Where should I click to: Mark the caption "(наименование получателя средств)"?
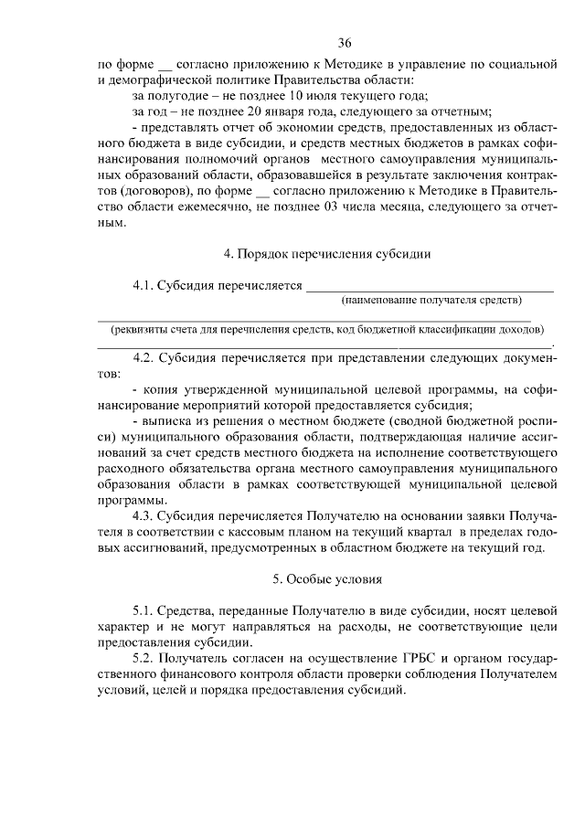tap(431, 300)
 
